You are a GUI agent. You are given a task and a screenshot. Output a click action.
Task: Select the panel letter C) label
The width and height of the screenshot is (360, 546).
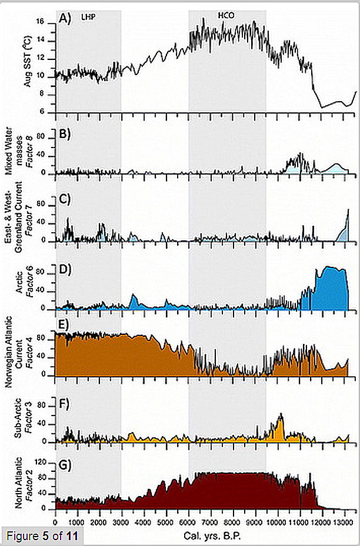[65, 199]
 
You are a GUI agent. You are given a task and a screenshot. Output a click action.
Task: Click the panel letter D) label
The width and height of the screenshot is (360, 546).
[65, 270]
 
